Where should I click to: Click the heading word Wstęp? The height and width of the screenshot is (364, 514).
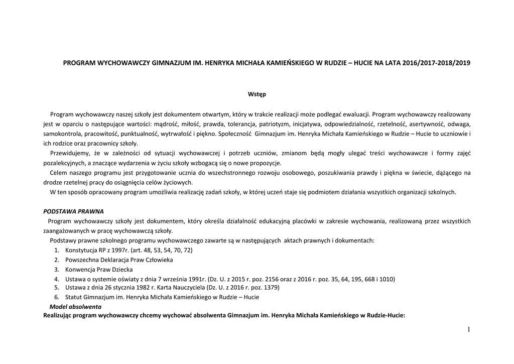point(257,94)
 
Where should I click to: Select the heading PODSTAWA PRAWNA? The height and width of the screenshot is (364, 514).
point(73,211)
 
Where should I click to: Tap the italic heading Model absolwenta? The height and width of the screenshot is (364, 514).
point(75,306)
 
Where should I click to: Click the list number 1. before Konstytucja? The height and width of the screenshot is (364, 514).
point(56,250)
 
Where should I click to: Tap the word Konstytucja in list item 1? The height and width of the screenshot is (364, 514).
point(82,250)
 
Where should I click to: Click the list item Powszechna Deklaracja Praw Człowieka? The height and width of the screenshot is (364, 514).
point(119,260)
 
